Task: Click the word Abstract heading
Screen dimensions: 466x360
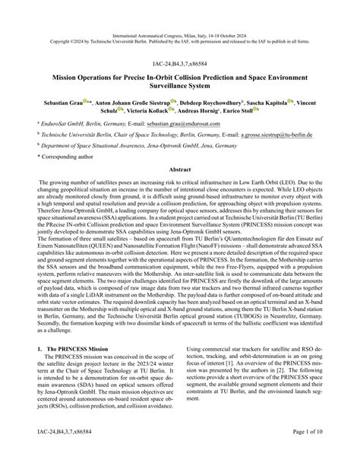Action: click(x=179, y=191)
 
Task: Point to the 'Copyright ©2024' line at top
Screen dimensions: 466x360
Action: click(x=180, y=21)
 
